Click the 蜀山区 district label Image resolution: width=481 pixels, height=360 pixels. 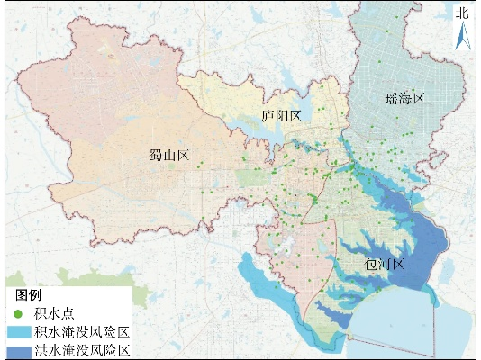[168, 156]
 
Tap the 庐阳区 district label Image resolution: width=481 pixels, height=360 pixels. [280, 116]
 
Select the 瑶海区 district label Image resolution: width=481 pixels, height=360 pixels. [402, 97]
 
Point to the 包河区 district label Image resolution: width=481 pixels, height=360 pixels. [386, 265]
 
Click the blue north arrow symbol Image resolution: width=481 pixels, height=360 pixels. [462, 35]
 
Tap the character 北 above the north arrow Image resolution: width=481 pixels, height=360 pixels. [462, 12]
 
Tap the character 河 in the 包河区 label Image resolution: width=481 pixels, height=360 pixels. [386, 265]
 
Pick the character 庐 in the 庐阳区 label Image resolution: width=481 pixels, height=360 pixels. [267, 116]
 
